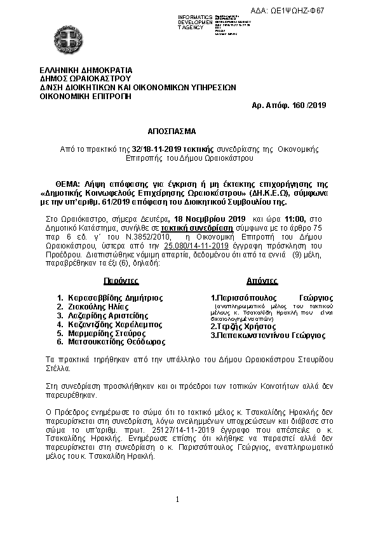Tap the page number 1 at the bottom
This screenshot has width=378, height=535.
179,499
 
